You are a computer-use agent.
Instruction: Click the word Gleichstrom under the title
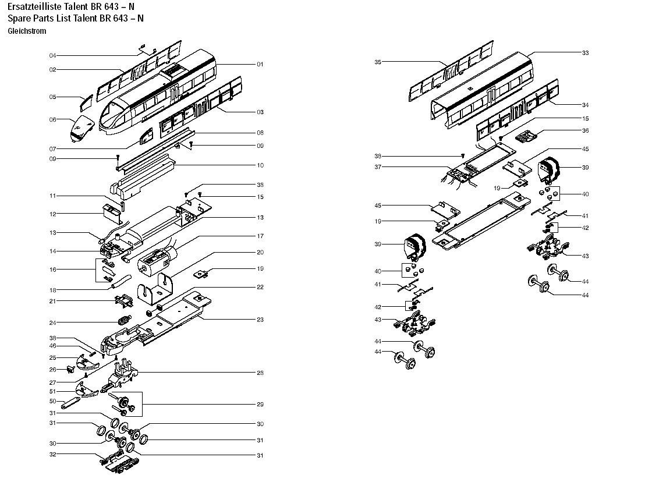tap(27, 31)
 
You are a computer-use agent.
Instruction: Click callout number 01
tap(260, 64)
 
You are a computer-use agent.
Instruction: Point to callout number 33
tap(585, 53)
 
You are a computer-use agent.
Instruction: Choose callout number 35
tap(378, 62)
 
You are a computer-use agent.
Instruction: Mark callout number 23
tap(260, 320)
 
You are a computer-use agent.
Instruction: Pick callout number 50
tap(52, 401)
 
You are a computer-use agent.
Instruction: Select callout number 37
tap(378, 167)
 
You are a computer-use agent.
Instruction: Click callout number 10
tap(260, 165)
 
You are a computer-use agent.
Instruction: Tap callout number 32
tap(52, 454)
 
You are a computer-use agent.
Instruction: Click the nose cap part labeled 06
tap(81, 129)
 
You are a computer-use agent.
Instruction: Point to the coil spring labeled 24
tap(123, 320)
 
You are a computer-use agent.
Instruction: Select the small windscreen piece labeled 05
tap(86, 103)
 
